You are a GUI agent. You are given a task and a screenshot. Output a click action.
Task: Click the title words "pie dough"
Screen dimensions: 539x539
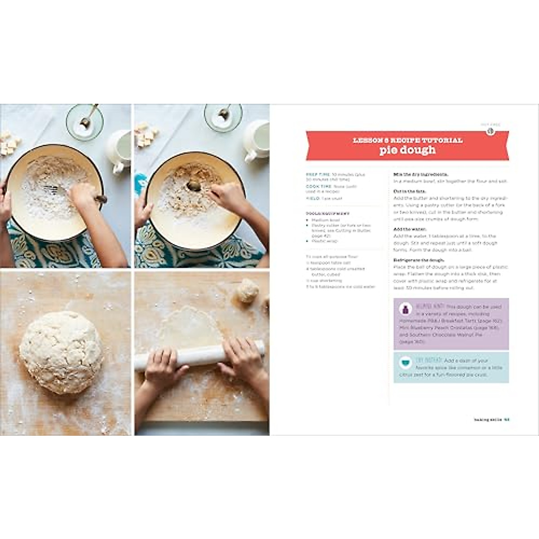[407, 150]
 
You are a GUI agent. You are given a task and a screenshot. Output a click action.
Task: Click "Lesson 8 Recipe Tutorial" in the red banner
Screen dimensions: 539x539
[407, 140]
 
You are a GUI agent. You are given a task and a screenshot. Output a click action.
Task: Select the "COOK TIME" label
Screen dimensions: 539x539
[319, 186]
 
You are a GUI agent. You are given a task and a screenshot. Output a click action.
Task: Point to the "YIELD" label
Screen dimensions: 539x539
[313, 198]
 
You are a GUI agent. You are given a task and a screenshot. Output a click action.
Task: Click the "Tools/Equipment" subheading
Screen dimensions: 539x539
[327, 214]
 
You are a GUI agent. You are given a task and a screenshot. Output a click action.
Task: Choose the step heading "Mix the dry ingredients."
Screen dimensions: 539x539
[420, 174]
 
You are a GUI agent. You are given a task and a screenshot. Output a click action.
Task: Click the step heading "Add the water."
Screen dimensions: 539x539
[410, 229]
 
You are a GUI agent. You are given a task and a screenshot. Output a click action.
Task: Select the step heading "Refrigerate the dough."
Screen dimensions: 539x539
[419, 260]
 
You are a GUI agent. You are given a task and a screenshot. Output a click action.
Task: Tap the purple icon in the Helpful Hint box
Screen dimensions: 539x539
[406, 309]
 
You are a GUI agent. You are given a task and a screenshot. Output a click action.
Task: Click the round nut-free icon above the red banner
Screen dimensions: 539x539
[490, 131]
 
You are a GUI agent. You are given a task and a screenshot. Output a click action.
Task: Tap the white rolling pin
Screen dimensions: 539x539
[200, 354]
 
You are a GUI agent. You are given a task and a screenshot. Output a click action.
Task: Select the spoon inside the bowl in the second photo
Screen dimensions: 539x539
[194, 185]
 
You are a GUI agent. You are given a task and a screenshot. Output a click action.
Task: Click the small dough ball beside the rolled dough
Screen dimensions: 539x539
[247, 291]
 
